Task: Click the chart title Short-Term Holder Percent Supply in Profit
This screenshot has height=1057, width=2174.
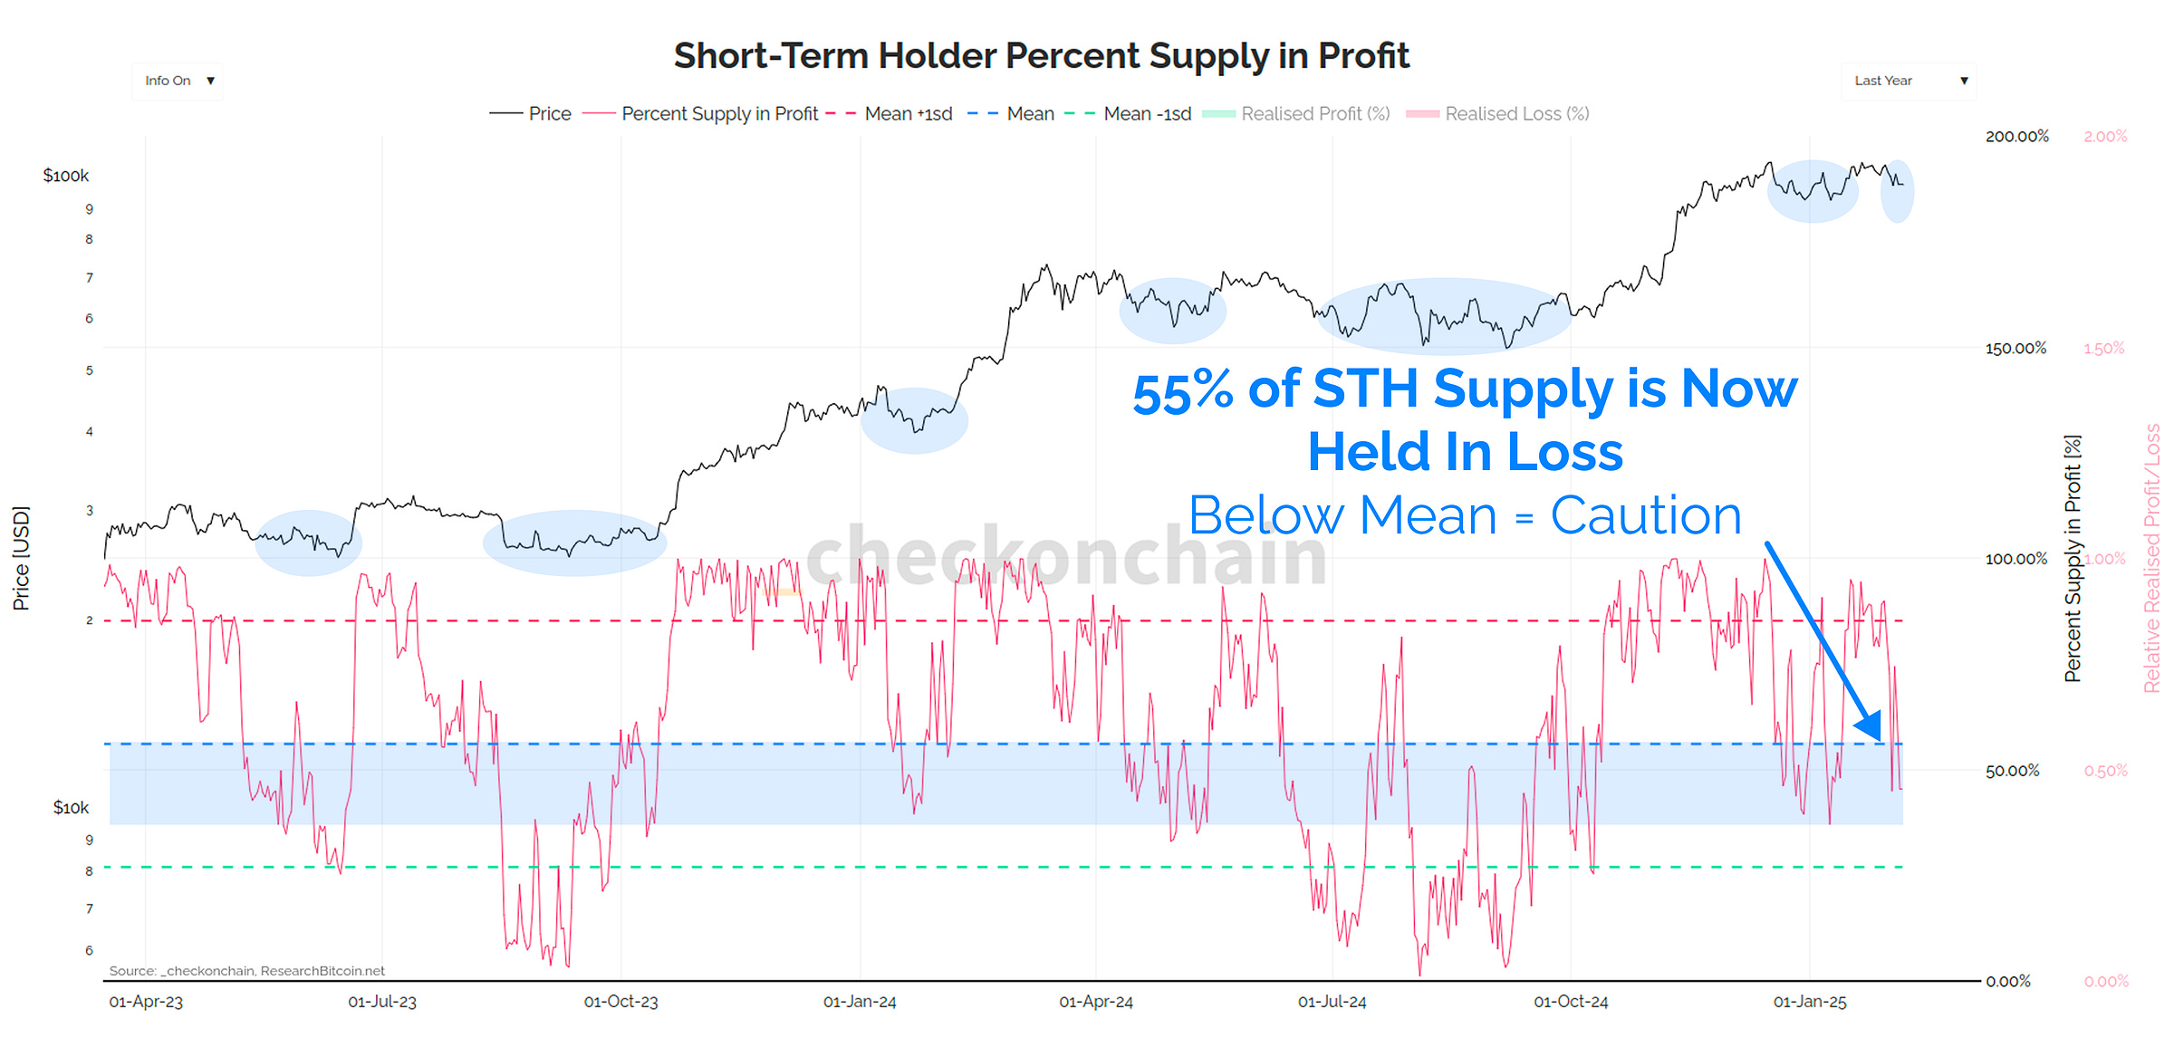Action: (x=1041, y=56)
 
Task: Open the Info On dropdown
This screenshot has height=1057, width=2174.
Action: (x=178, y=81)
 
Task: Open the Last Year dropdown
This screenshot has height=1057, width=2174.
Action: (x=1909, y=81)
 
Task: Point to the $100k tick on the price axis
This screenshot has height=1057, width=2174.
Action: (x=66, y=176)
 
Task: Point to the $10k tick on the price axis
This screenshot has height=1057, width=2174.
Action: (x=71, y=808)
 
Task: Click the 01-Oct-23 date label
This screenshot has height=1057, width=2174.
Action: (x=620, y=1003)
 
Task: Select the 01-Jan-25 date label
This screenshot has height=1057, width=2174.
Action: (x=1809, y=1003)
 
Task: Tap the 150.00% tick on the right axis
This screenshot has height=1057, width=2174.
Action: (x=2015, y=349)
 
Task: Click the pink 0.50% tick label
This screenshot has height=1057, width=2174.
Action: (x=2105, y=771)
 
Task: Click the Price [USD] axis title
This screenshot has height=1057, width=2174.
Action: (x=21, y=558)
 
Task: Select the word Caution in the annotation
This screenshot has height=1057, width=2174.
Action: (x=1646, y=516)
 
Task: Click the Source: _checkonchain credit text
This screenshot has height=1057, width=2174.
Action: (x=246, y=971)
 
